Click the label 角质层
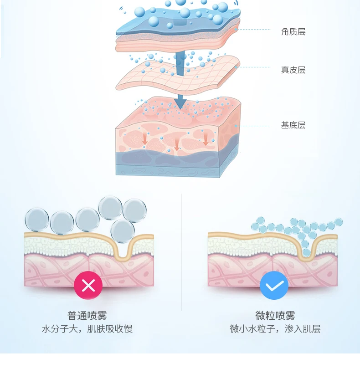(x=293, y=32)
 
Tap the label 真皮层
(x=293, y=70)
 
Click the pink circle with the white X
(x=88, y=286)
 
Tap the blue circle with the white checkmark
(x=274, y=286)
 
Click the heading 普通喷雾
(x=87, y=315)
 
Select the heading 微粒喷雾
(x=275, y=315)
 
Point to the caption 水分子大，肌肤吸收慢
(x=87, y=329)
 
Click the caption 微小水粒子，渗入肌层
(x=275, y=329)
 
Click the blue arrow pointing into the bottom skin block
(x=180, y=102)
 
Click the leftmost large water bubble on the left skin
(x=36, y=220)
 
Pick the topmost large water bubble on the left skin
(x=110, y=207)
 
